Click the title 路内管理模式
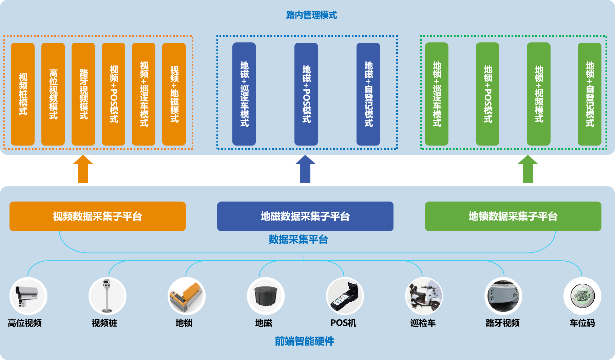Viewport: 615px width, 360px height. pyautogui.click(x=311, y=15)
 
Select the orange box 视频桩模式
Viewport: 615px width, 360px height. pyautogui.click(x=23, y=94)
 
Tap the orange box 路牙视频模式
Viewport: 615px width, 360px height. pyautogui.click(x=83, y=94)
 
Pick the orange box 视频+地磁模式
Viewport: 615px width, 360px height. pyautogui.click(x=174, y=94)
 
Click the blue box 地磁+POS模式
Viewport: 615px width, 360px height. pyautogui.click(x=306, y=94)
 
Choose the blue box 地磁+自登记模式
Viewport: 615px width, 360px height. pyautogui.click(x=368, y=94)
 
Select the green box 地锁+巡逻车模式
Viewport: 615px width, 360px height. pyautogui.click(x=437, y=94)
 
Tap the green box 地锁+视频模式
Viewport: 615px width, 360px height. pyautogui.click(x=538, y=94)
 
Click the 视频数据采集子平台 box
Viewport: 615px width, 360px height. pyautogui.click(x=98, y=216)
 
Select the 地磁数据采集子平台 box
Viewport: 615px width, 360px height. pyautogui.click(x=305, y=216)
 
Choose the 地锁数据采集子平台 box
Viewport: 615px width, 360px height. pyautogui.click(x=513, y=216)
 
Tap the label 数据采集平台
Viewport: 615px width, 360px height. pyautogui.click(x=298, y=240)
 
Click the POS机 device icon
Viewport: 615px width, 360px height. pyautogui.click(x=345, y=296)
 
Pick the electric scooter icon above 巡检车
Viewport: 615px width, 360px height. pyautogui.click(x=424, y=296)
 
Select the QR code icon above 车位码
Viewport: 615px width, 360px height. pyautogui.click(x=582, y=296)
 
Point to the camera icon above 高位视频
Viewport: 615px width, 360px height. pyautogui.click(x=28, y=296)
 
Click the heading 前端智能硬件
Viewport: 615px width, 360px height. pyautogui.click(x=304, y=341)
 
